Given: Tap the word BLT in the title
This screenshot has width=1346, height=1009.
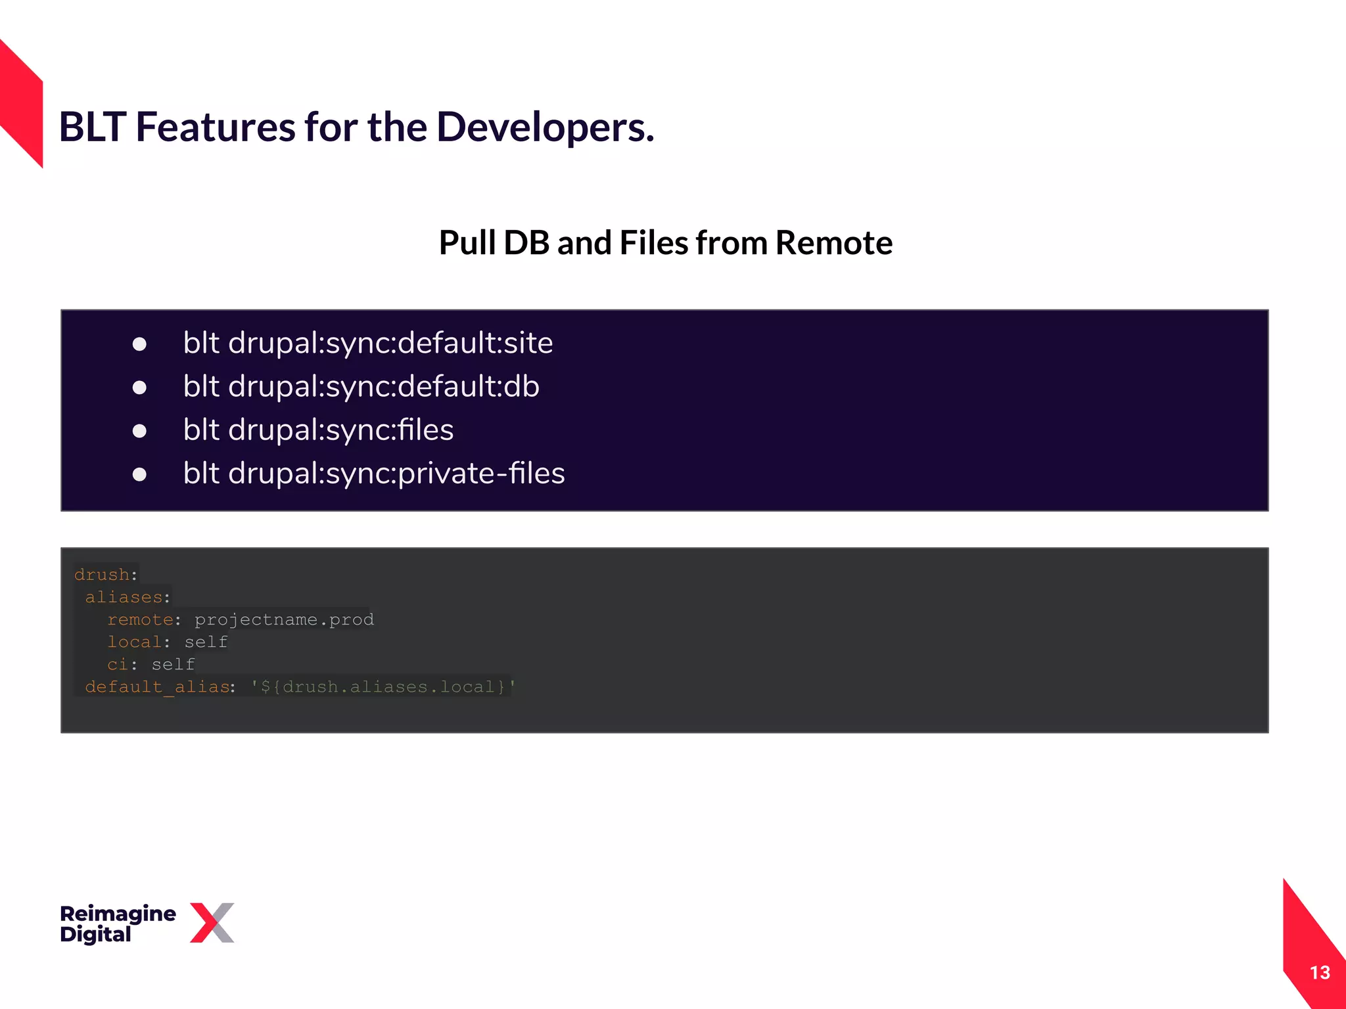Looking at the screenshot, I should click(x=92, y=127).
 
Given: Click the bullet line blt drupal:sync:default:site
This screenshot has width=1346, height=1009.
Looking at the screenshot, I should click(x=367, y=343).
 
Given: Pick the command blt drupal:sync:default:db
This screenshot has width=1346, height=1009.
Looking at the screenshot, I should click(x=361, y=386).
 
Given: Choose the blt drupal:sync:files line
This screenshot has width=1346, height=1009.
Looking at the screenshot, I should click(x=318, y=430).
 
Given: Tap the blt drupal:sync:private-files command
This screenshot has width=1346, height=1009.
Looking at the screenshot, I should click(x=373, y=474).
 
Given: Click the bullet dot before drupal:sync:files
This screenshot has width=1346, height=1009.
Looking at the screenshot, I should click(x=139, y=431).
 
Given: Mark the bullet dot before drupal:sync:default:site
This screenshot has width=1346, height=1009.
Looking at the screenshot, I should click(x=139, y=344).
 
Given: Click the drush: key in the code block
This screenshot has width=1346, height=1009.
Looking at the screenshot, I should click(x=105, y=575).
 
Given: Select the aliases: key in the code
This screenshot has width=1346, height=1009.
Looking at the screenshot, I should click(x=127, y=597).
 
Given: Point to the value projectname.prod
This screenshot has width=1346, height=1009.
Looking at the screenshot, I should click(x=284, y=619).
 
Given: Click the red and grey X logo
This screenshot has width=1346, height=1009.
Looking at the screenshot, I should click(x=212, y=922).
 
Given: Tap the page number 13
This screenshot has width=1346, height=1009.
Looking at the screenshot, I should click(x=1319, y=973).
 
